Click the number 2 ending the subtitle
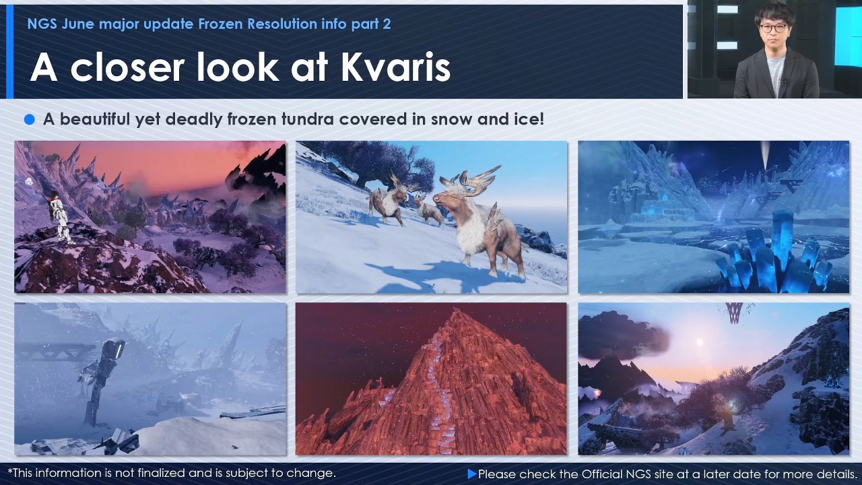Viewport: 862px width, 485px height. pyautogui.click(x=387, y=24)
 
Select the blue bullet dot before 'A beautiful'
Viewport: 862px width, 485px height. pyautogui.click(x=29, y=119)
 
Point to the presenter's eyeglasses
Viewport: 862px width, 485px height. pyautogui.click(x=774, y=28)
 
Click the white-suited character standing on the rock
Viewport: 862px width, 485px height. pyautogui.click(x=61, y=218)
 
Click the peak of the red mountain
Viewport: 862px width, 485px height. pyautogui.click(x=456, y=310)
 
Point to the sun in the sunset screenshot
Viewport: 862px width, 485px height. pyautogui.click(x=699, y=342)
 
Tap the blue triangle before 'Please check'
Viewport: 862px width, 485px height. pyautogui.click(x=472, y=474)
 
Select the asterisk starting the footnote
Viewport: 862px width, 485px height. pyautogui.click(x=10, y=471)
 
